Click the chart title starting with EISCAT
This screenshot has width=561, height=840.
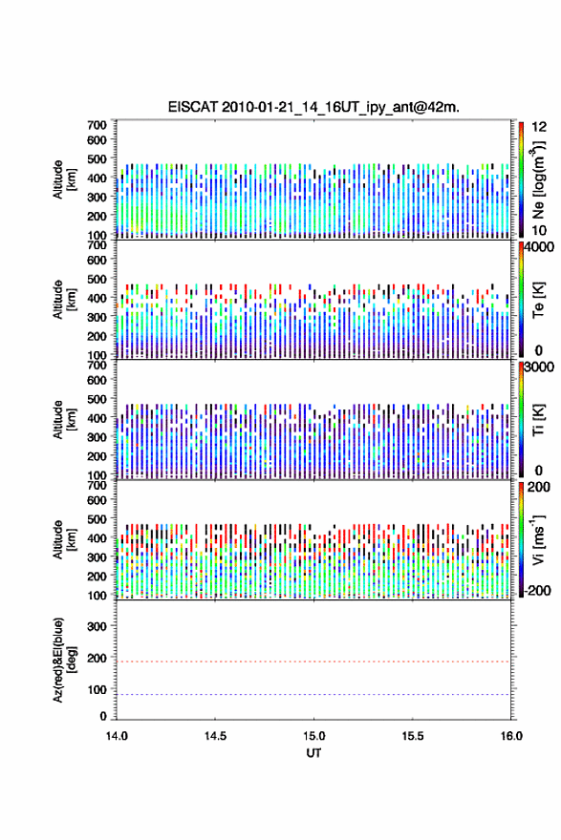tap(313, 107)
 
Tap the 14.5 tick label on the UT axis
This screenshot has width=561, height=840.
tap(215, 736)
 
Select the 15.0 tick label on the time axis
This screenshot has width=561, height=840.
tap(313, 736)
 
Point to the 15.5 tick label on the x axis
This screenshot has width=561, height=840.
tap(413, 736)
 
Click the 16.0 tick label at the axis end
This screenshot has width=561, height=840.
tap(511, 736)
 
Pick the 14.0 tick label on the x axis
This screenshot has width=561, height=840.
tap(117, 736)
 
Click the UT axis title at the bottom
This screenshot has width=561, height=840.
tap(313, 753)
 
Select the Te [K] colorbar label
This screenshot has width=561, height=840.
tap(538, 300)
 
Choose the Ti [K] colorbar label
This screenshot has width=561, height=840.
tap(538, 419)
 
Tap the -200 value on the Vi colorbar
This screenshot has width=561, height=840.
tap(537, 590)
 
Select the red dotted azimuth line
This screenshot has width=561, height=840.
tap(313, 661)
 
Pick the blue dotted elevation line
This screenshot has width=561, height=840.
tap(313, 694)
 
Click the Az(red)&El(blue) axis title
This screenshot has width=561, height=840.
tap(62, 660)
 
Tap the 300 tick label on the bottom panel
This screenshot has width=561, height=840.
tap(97, 626)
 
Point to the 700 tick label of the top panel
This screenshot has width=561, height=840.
tap(97, 125)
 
